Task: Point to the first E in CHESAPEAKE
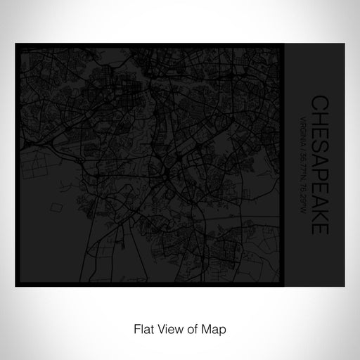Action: point(319,129)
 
